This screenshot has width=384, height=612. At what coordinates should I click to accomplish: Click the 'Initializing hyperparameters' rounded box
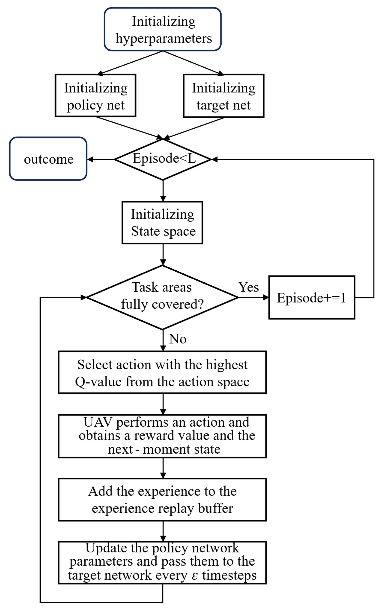[x=162, y=29]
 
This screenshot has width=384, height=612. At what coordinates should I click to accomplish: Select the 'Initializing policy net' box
[x=95, y=96]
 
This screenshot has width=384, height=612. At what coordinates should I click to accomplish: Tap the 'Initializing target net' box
[x=223, y=96]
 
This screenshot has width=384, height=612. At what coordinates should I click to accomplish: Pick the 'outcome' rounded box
[x=48, y=159]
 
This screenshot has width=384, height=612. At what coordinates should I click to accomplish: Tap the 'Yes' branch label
[x=248, y=287]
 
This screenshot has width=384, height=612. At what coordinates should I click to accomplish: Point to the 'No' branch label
[x=178, y=339]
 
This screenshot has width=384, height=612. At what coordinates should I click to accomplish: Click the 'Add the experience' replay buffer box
[x=162, y=500]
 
